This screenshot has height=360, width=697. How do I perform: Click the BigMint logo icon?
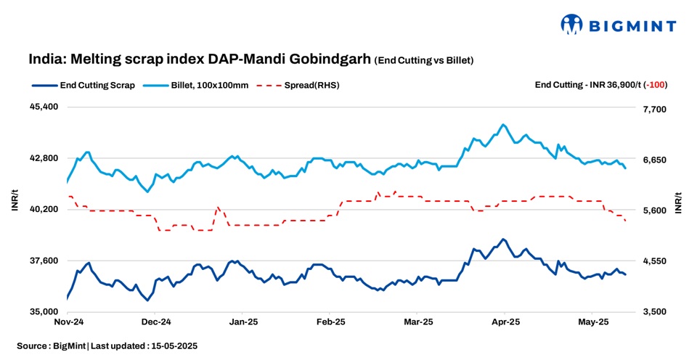tap(572, 24)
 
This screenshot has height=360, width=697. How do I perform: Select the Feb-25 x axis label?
tap(330, 321)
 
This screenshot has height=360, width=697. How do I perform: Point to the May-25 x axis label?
tap(592, 321)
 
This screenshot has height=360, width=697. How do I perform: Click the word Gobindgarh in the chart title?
tap(335, 59)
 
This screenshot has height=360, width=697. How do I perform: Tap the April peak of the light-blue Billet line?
tap(503, 125)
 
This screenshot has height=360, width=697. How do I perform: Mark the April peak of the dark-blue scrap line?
tap(502, 239)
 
